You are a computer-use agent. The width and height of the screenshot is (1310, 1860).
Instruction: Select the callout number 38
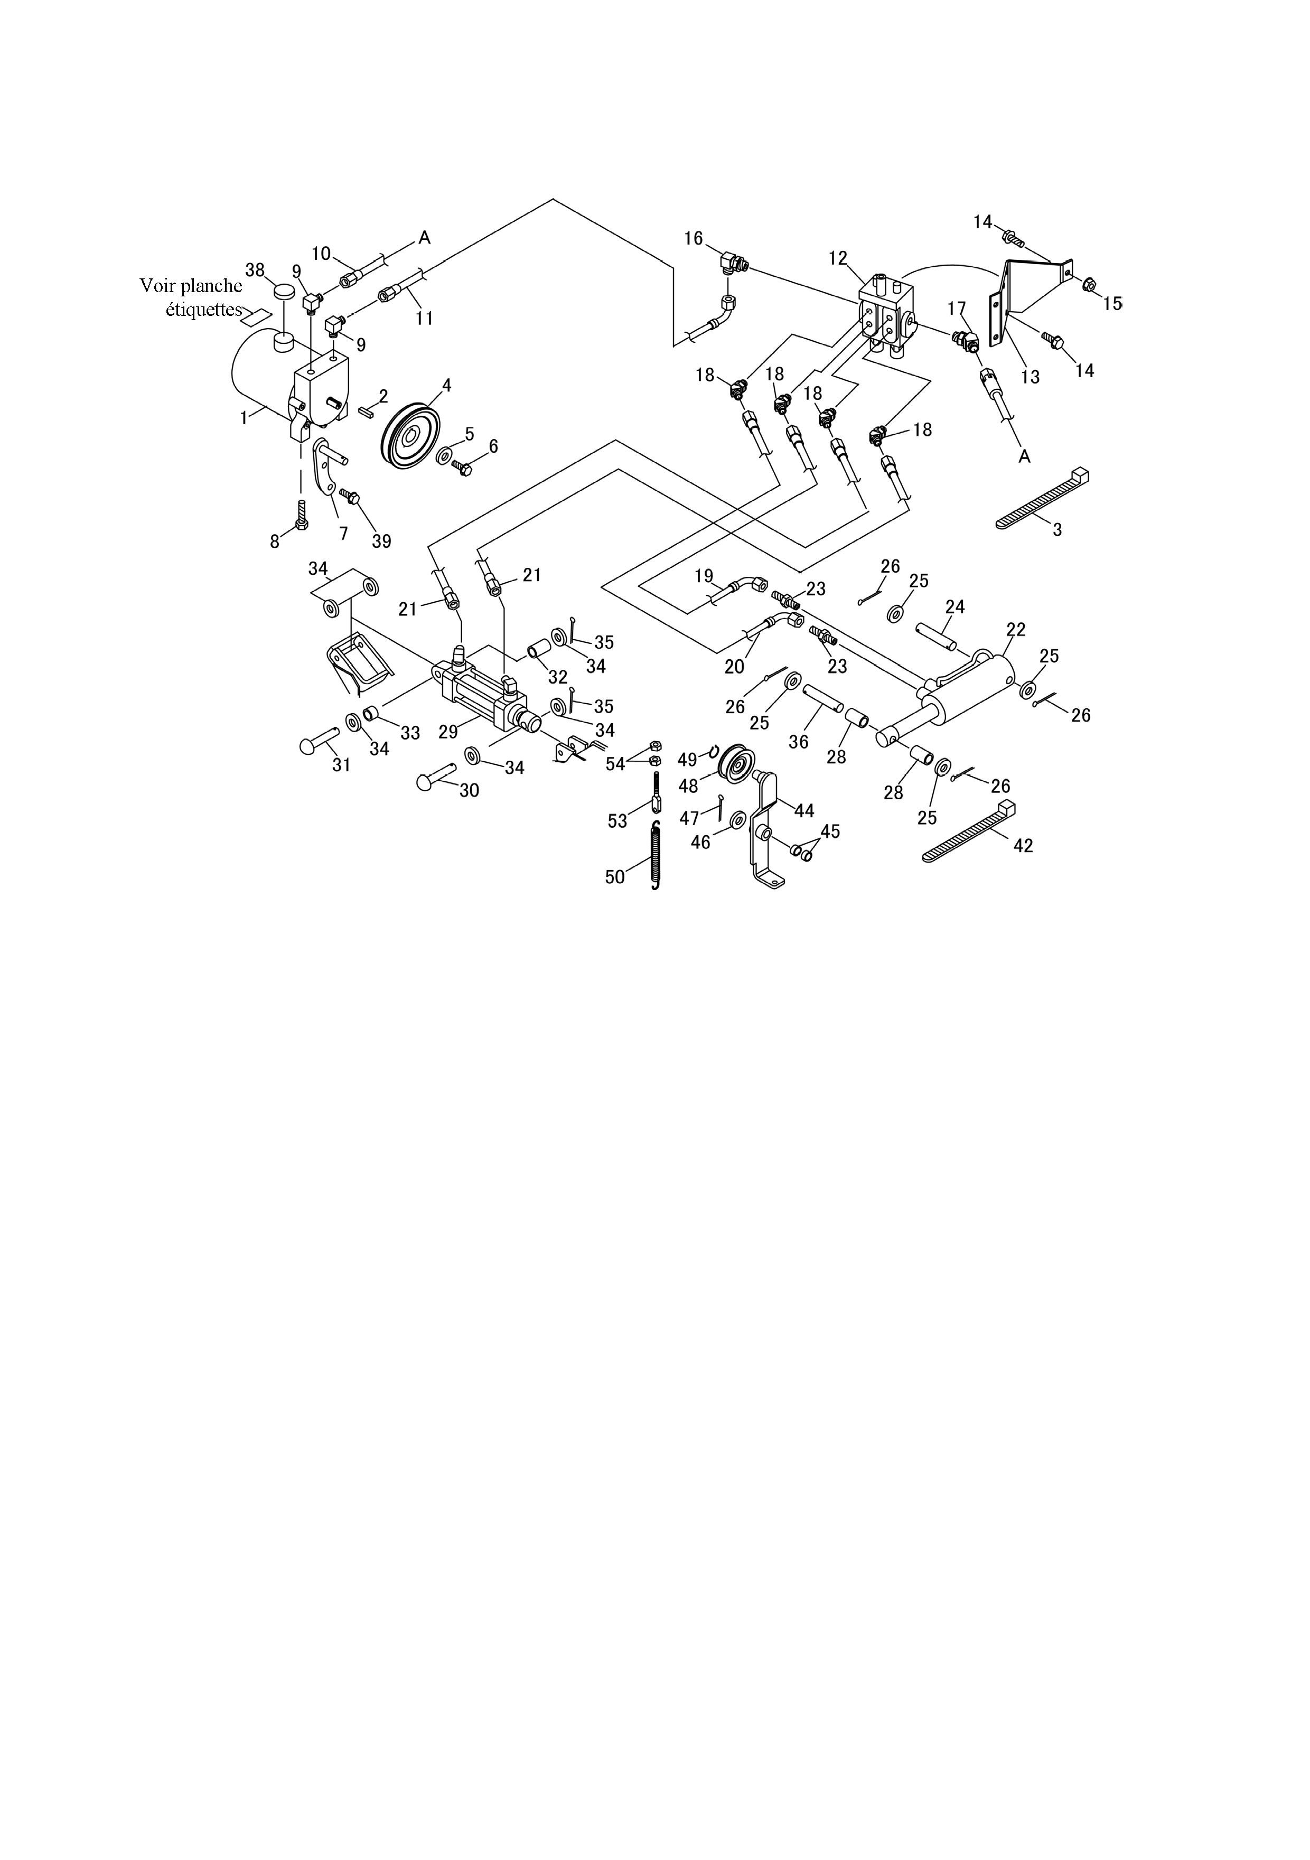point(255,270)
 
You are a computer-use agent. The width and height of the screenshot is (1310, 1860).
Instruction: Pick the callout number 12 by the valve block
point(838,258)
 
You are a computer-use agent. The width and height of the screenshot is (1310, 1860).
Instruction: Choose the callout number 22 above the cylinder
point(1016,630)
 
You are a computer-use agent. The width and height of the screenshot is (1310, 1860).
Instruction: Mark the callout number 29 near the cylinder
point(448,732)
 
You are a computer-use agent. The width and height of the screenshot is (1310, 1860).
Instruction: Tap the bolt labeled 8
point(302,515)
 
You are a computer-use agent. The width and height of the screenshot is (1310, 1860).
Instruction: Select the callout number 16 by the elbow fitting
point(694,238)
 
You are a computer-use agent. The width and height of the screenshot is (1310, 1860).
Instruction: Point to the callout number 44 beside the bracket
point(804,810)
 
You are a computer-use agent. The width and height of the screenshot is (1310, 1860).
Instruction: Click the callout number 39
point(381,541)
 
